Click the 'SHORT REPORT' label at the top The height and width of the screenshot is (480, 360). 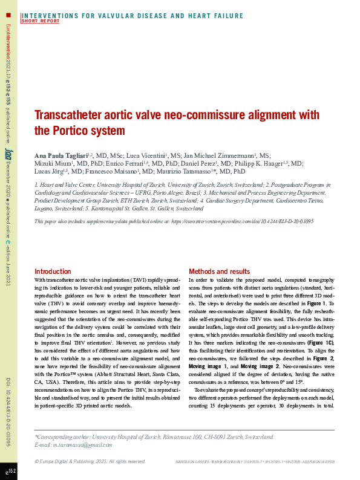click(x=41, y=21)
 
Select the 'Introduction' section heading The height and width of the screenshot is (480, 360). click(x=53, y=272)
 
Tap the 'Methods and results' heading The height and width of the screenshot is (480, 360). click(x=219, y=272)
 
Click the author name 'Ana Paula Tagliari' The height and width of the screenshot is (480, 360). click(x=61, y=155)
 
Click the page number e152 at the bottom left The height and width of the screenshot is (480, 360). click(x=10, y=471)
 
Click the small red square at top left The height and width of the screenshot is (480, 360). click(x=8, y=14)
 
